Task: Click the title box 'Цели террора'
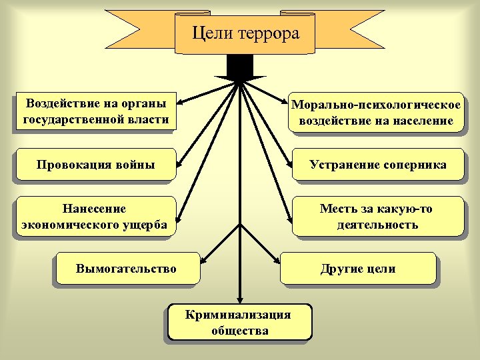click(245, 33)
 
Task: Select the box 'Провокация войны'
click(96, 165)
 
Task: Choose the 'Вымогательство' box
click(127, 269)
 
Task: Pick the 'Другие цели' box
click(358, 269)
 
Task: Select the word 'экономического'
click(64, 225)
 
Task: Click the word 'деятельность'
click(377, 225)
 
